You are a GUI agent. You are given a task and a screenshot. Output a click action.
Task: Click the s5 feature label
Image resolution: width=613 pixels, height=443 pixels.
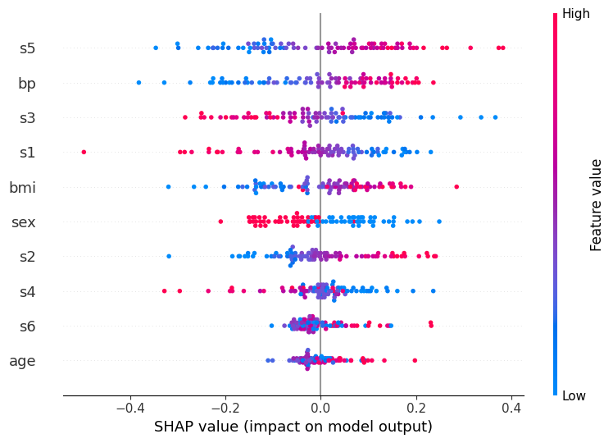[x=28, y=48]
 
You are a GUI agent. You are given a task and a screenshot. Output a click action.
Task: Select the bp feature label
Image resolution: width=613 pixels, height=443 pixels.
[x=27, y=83]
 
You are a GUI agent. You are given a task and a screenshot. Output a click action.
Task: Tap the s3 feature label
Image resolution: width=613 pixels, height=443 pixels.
[x=28, y=117]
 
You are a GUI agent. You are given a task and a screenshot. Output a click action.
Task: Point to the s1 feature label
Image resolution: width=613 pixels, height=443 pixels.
[x=28, y=152]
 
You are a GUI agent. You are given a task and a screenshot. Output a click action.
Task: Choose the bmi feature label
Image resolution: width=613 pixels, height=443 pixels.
[x=22, y=188]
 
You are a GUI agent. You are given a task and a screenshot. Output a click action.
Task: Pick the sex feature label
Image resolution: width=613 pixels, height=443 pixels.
[x=23, y=222]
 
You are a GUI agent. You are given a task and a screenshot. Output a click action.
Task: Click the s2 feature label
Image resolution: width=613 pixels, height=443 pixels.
[x=28, y=257]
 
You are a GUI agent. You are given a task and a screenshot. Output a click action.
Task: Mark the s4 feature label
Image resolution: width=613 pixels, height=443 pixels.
[x=28, y=291]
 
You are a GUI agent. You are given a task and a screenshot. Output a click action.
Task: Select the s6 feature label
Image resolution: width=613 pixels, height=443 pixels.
[x=28, y=326]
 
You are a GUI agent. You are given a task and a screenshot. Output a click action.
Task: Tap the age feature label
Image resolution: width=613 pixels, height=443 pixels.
[x=22, y=361]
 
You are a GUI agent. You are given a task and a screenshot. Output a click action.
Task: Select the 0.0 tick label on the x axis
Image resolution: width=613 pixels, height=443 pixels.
[x=320, y=408]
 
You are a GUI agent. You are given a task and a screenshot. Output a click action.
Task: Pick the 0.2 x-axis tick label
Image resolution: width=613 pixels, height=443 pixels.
[x=416, y=408]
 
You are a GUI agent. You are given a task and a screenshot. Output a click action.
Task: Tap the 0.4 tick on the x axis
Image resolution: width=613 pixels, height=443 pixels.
[x=511, y=408]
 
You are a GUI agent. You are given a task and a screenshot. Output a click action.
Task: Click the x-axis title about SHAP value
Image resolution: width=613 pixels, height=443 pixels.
[x=293, y=427]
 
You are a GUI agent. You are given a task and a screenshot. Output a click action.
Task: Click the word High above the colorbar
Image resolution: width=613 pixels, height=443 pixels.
[x=576, y=14]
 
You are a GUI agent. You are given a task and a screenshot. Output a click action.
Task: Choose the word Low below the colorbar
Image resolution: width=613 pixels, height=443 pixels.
[x=574, y=396]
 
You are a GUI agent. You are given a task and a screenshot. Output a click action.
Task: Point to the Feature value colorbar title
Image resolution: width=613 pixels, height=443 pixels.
[x=597, y=205]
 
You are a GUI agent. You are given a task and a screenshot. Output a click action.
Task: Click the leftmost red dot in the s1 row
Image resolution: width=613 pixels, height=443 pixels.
[x=84, y=152]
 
